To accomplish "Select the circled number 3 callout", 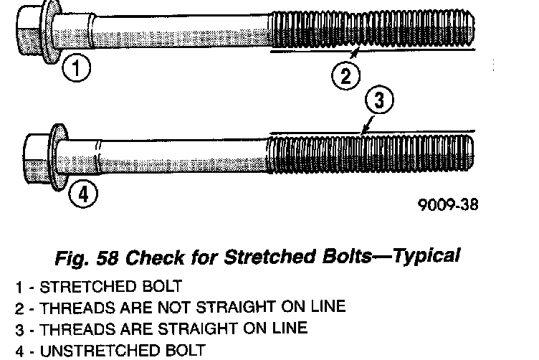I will (380, 101).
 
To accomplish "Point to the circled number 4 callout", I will (83, 193).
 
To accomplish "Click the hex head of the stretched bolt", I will (29, 29).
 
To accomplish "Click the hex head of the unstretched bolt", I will (36, 156).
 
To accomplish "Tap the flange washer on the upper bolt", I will (50, 32).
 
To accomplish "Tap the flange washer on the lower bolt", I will (57, 156).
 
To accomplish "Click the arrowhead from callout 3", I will (362, 132).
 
